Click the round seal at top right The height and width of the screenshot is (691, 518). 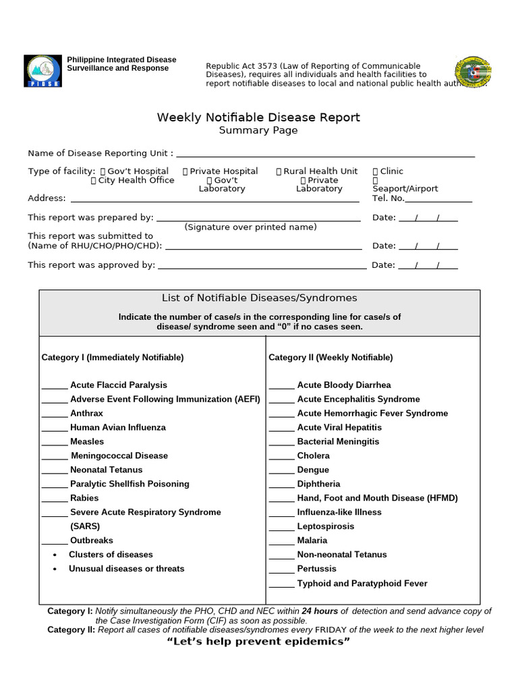[474, 72]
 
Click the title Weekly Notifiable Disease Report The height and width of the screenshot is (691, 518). [258, 117]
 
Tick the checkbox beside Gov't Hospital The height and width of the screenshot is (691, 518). [103, 171]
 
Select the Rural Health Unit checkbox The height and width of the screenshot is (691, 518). [279, 171]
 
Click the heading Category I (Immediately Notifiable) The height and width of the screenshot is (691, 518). [113, 357]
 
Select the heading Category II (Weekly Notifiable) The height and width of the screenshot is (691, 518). [330, 357]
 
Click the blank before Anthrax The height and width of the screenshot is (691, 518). [54, 414]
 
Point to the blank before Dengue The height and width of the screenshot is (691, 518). [281, 471]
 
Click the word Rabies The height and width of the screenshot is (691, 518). [84, 498]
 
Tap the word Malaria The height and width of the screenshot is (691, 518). [312, 541]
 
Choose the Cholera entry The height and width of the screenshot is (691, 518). [313, 455]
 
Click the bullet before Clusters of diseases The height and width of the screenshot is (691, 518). [55, 555]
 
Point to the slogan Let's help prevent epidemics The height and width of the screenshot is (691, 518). [258, 641]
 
